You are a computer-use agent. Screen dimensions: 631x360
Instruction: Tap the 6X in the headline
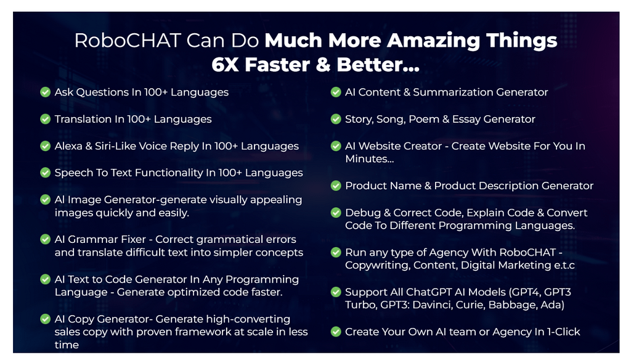coord(226,65)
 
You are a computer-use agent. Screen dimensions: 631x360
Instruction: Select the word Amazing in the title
coord(433,41)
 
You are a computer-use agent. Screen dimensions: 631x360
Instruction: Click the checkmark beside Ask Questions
coord(45,92)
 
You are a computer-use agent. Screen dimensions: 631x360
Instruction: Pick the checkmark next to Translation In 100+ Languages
coord(45,119)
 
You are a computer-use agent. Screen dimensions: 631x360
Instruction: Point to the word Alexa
coord(68,145)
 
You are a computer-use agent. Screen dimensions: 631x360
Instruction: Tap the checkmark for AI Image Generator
coord(45,199)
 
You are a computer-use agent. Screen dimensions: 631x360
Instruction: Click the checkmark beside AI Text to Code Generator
coord(45,279)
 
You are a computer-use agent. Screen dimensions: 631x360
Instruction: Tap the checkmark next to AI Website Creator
coord(336,145)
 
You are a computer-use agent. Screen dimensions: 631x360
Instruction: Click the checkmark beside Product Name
coord(336,186)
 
